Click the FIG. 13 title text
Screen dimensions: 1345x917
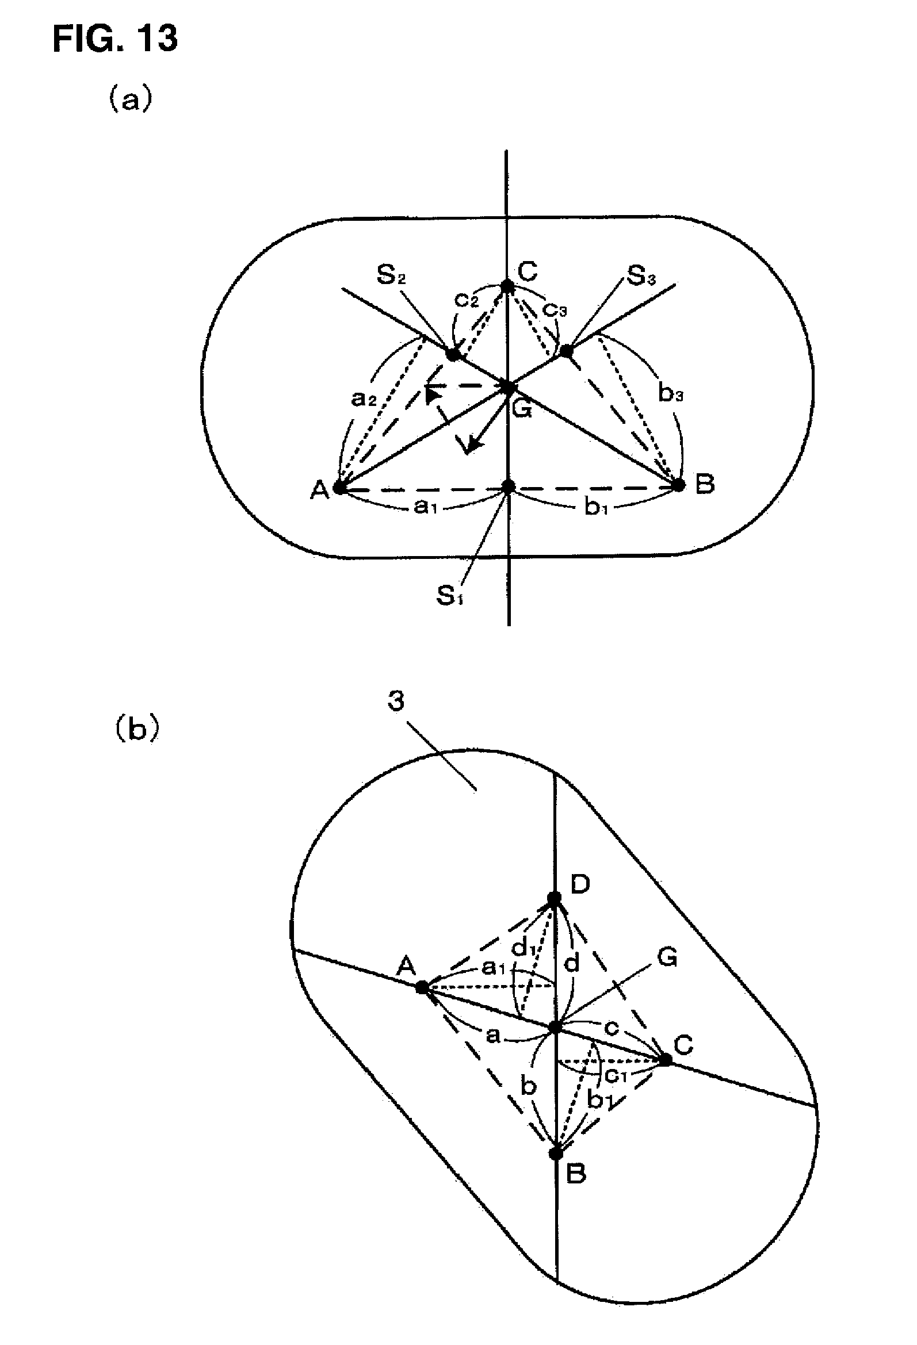pyautogui.click(x=114, y=39)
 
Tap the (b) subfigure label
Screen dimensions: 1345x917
pyautogui.click(x=135, y=729)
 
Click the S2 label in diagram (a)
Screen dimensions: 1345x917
pyautogui.click(x=391, y=275)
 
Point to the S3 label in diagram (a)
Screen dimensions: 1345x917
pyautogui.click(x=641, y=276)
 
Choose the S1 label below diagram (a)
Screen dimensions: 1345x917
pyautogui.click(x=450, y=595)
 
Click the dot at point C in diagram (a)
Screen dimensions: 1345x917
pyautogui.click(x=507, y=286)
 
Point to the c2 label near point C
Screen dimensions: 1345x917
pyautogui.click(x=467, y=300)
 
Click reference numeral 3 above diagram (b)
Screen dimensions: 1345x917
pyautogui.click(x=396, y=702)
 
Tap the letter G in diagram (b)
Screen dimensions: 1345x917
pyautogui.click(x=667, y=959)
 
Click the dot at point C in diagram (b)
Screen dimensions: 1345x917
pyautogui.click(x=666, y=1060)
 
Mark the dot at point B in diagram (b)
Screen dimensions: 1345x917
pyautogui.click(x=556, y=1154)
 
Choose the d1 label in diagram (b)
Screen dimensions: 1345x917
pyautogui.click(x=524, y=949)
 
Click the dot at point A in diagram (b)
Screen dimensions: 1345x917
pyautogui.click(x=423, y=987)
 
